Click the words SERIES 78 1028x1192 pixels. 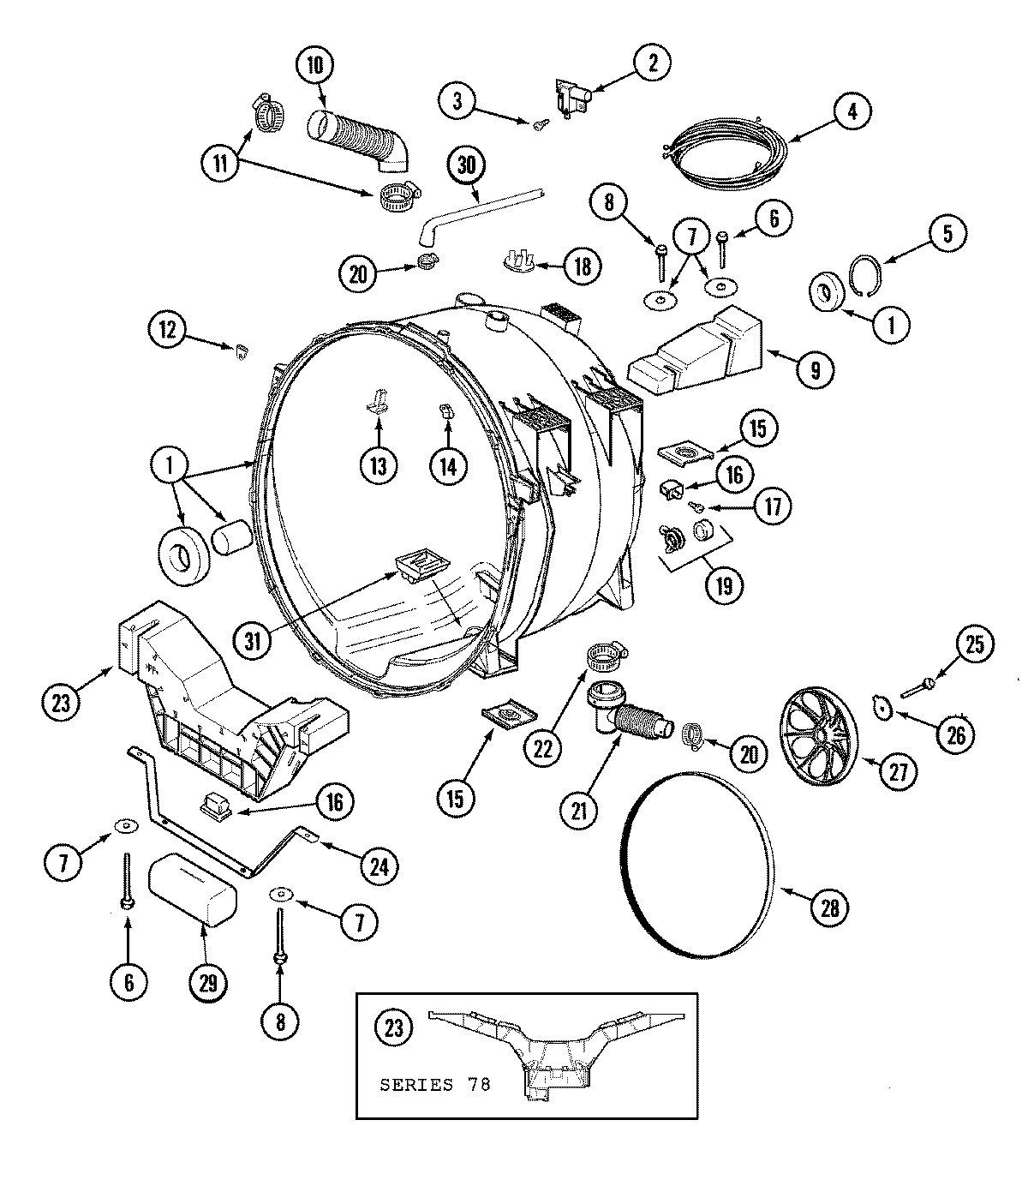435,1085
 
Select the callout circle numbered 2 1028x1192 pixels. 653,62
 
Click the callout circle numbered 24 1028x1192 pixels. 380,866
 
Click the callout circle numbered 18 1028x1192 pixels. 582,267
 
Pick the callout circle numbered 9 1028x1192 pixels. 815,369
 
